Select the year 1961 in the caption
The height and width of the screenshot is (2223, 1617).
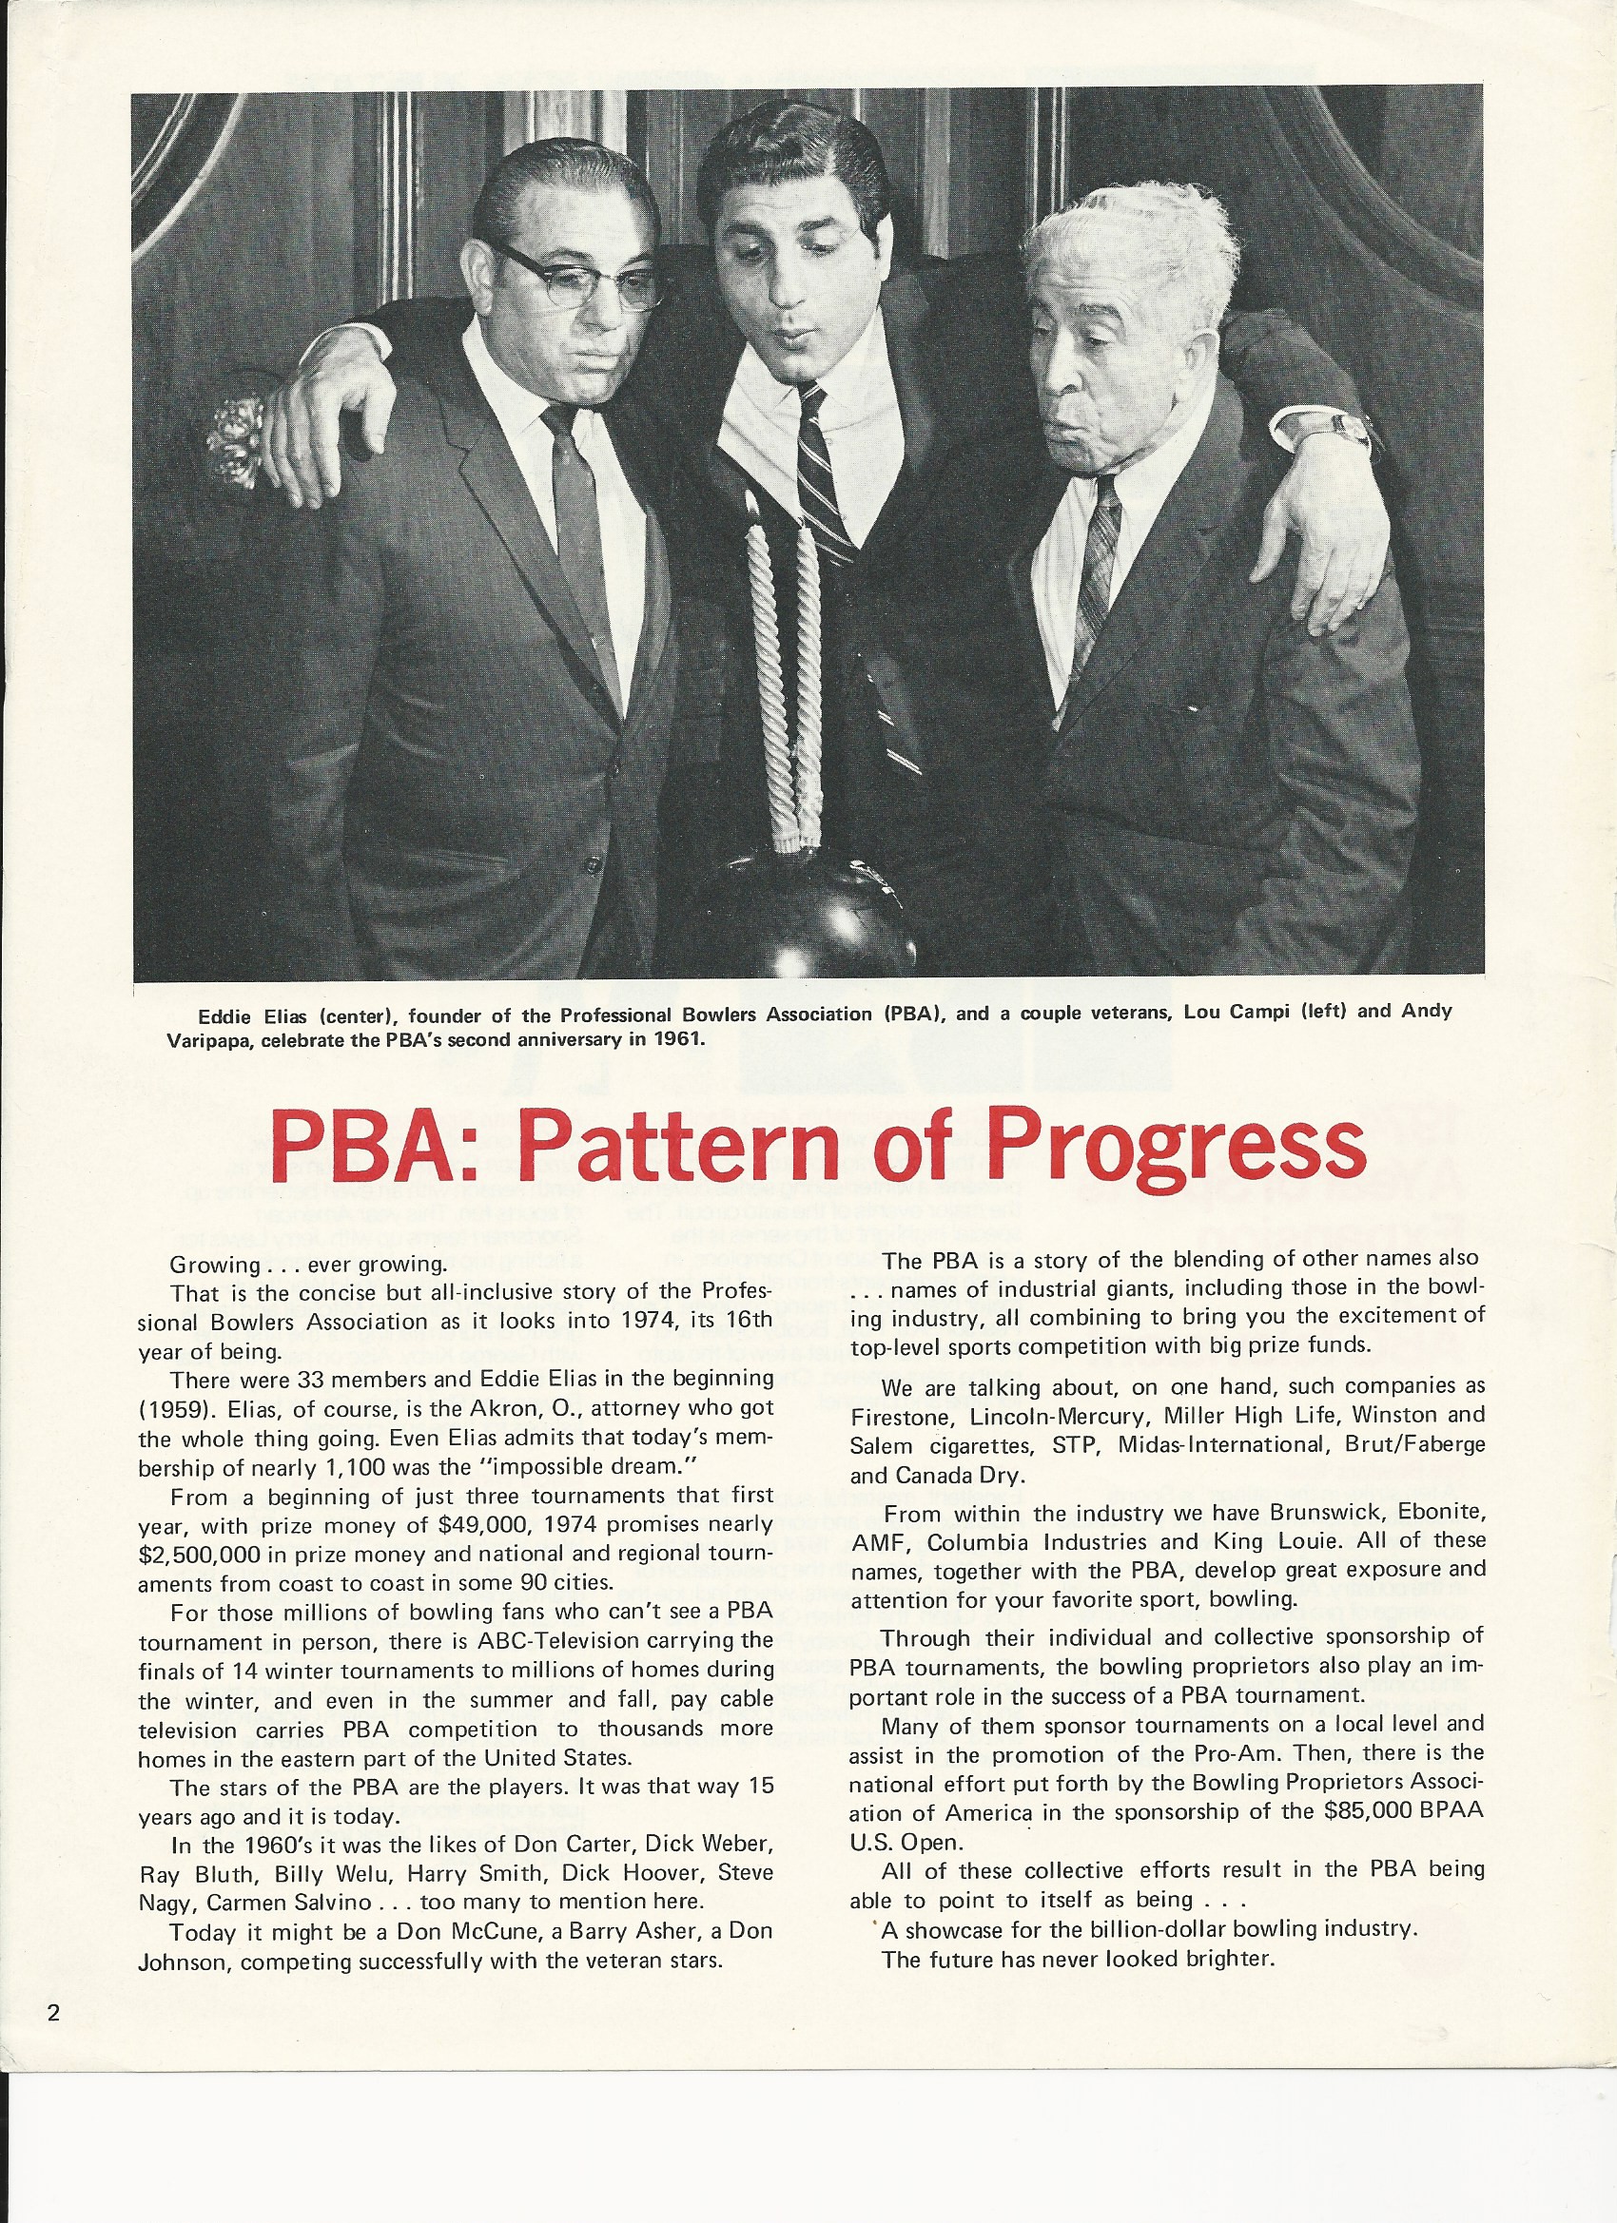[x=676, y=1038]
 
